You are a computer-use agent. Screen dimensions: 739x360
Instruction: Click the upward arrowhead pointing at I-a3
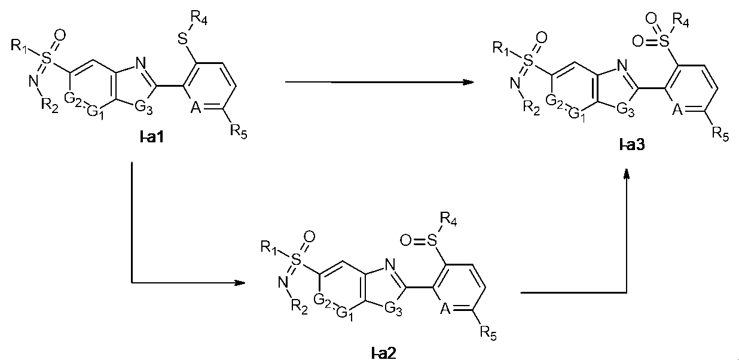click(x=627, y=174)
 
